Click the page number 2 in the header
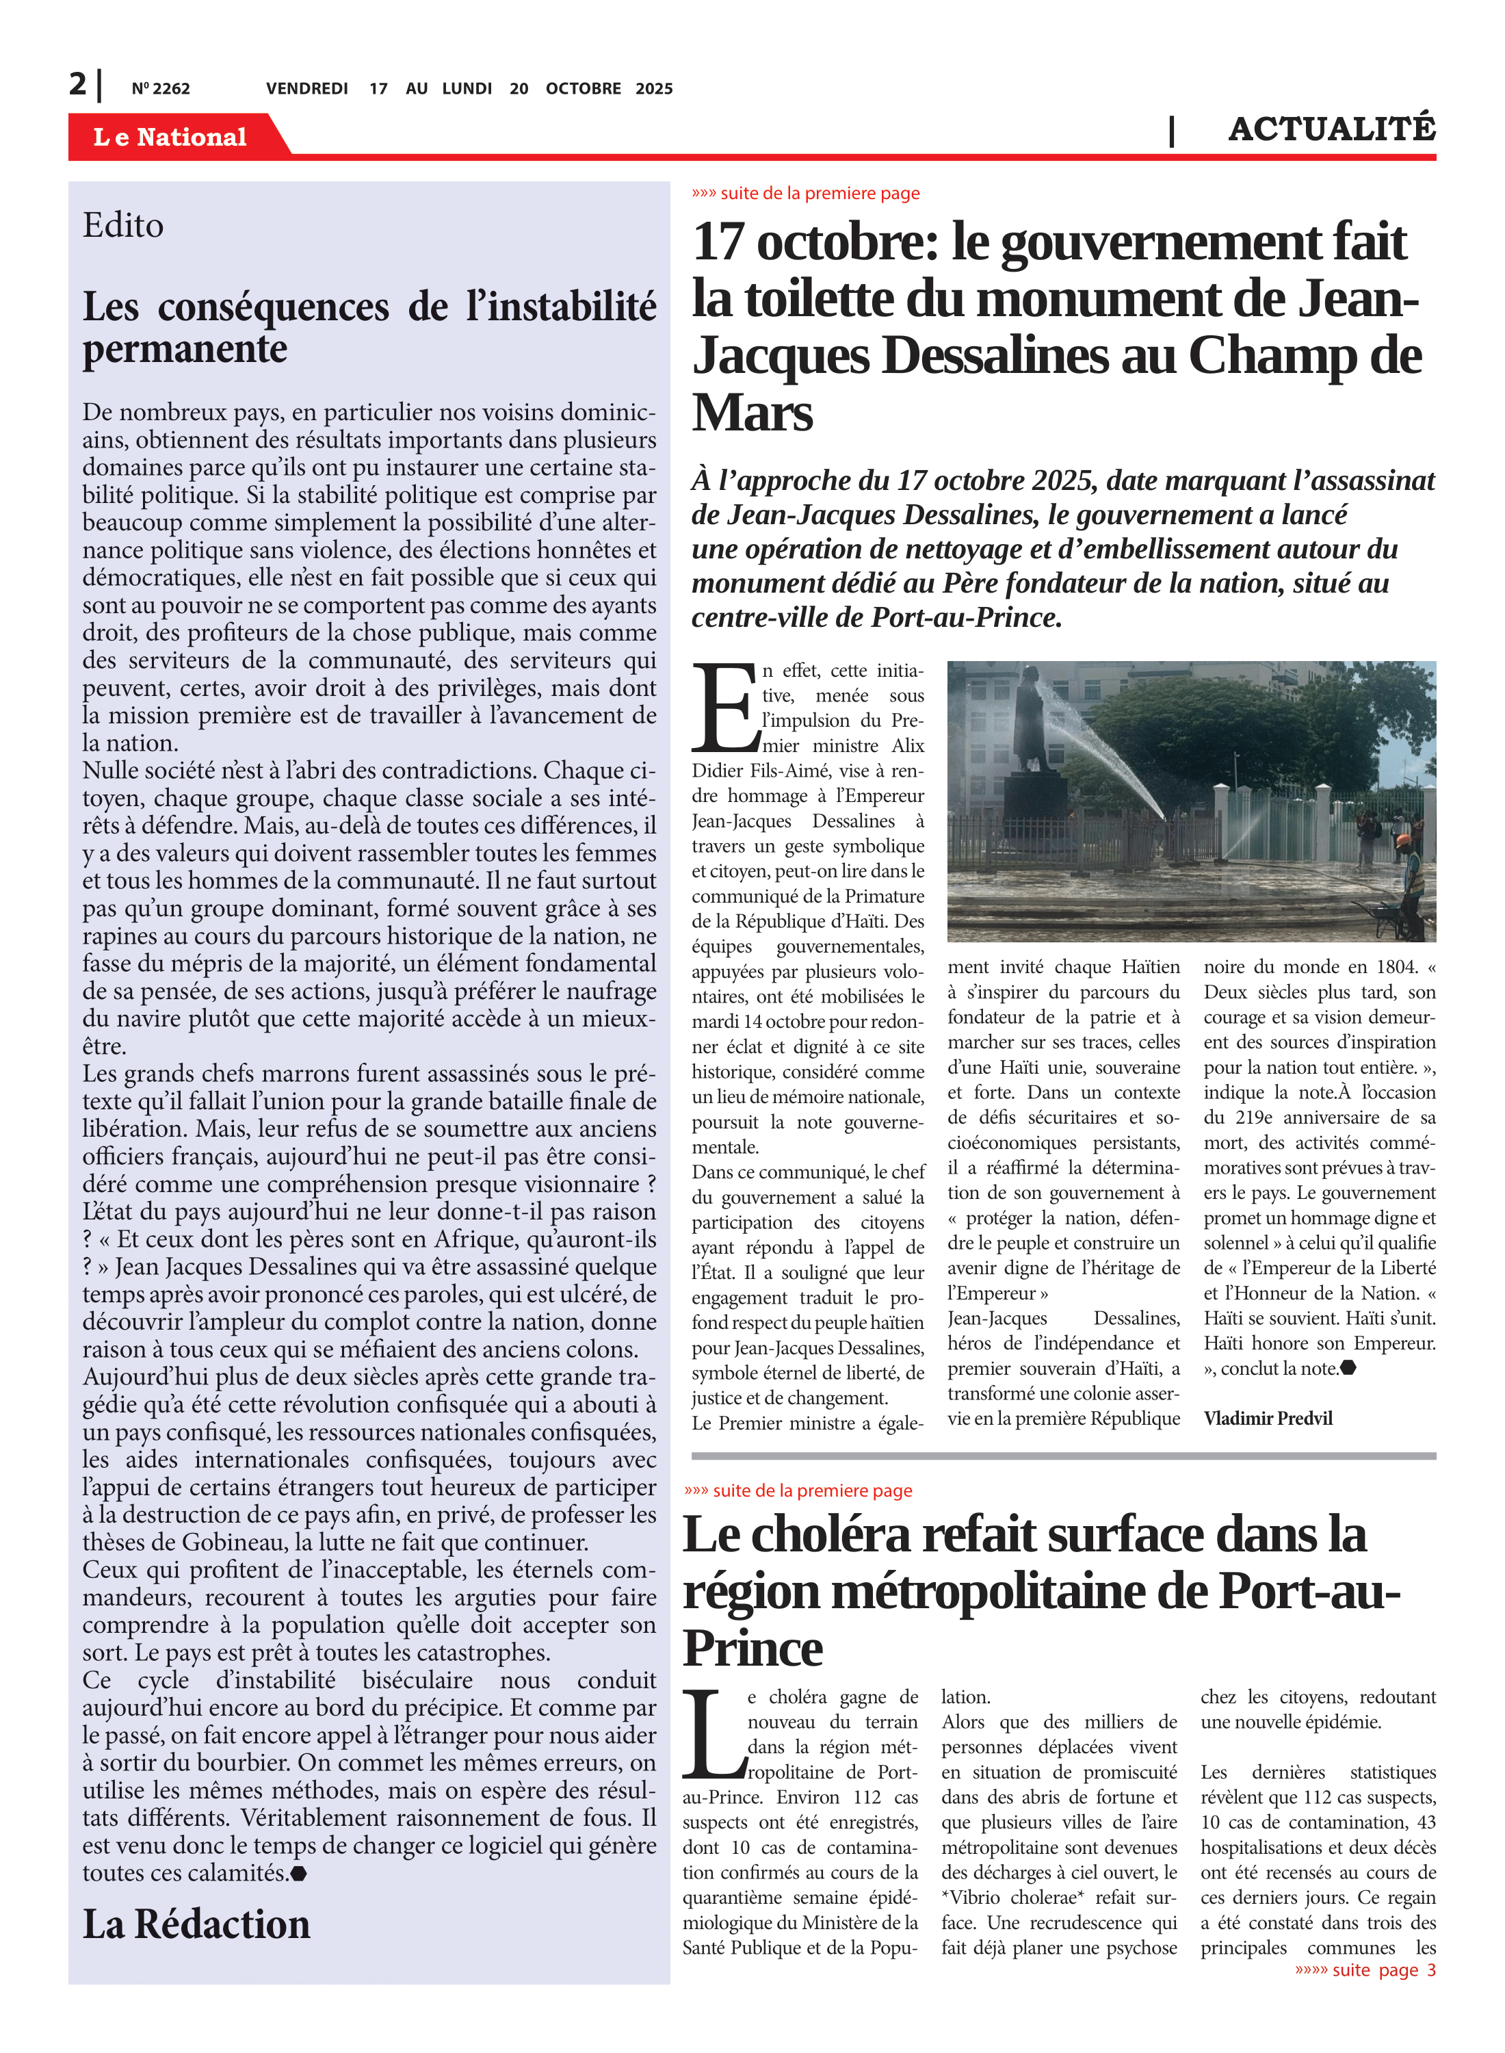click(77, 84)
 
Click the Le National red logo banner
click(170, 137)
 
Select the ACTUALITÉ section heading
click(1331, 129)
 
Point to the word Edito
click(123, 225)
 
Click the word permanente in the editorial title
click(185, 349)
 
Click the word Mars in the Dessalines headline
click(752, 413)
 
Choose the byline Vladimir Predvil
click(1267, 1418)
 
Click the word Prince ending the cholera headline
click(752, 1647)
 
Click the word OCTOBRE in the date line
click(583, 88)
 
